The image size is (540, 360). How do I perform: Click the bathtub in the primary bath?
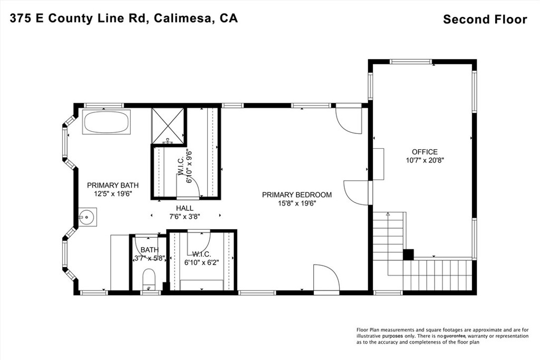106,122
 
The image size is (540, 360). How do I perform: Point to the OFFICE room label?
425,152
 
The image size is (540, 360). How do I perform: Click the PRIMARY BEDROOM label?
297,195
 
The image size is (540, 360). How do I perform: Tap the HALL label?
185,208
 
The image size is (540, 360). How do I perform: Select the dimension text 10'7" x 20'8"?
425,160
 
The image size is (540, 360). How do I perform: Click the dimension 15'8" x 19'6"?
297,203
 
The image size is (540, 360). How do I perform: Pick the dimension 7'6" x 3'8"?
185,217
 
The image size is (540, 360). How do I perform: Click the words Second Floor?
485,20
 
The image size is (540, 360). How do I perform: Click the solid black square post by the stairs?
408,255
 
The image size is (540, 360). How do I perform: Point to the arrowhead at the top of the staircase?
388,214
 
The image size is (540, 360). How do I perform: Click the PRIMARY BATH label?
113,185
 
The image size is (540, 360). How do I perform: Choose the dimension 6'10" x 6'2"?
202,262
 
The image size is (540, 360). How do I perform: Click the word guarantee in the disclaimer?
455,336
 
